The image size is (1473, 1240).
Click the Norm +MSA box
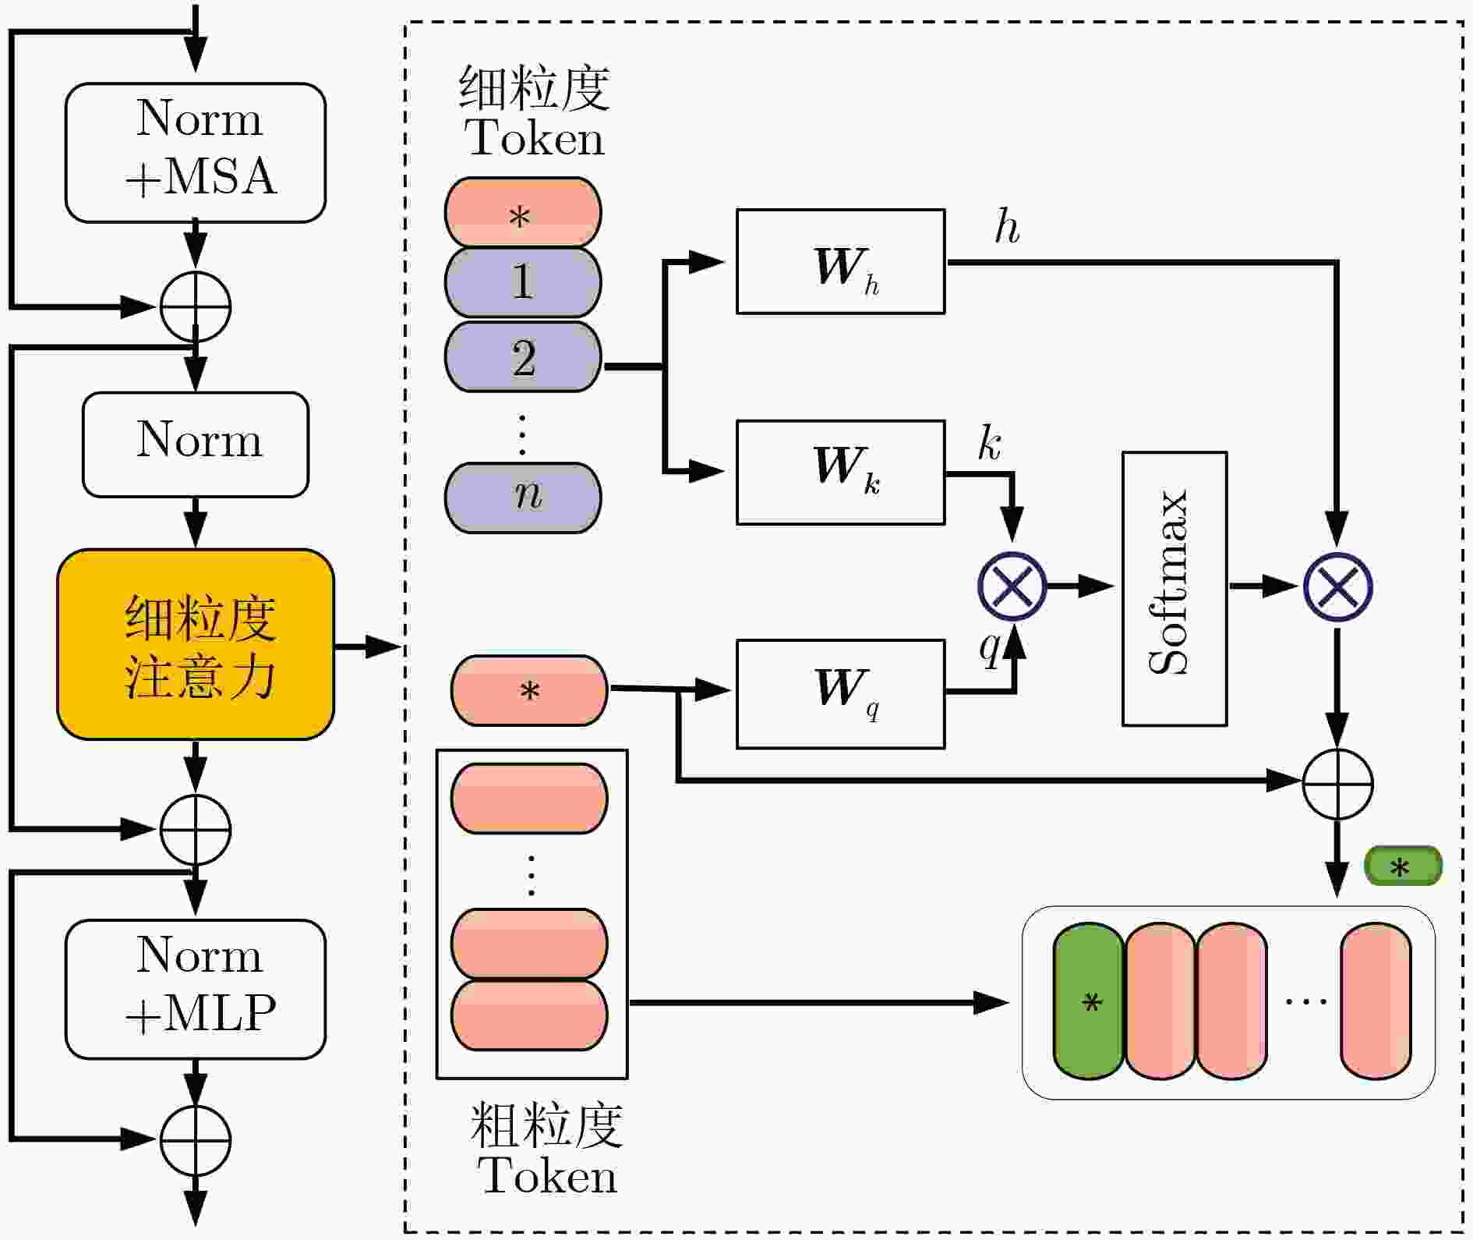coord(196,153)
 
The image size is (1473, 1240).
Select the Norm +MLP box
coord(196,989)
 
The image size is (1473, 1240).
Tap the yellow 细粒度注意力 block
coord(196,645)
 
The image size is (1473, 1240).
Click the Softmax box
coord(1175,589)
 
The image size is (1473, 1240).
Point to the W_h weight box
coord(841,261)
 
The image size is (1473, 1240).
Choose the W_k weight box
coord(841,472)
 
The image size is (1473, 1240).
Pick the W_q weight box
coord(841,694)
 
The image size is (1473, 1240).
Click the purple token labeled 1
coord(523,282)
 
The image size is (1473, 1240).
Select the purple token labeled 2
coord(523,356)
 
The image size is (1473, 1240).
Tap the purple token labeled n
coord(523,498)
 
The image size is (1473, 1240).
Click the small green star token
coord(1403,866)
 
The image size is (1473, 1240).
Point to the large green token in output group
coord(1089,1001)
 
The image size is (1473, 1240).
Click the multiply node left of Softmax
coord(1012,586)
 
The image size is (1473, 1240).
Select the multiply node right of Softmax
coord(1338,586)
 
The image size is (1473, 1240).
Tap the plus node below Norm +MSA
coord(196,306)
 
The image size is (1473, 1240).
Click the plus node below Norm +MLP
coord(196,1139)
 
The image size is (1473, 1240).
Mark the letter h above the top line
coord(1007,227)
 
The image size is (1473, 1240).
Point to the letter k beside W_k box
coord(990,444)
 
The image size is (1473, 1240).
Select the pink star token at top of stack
coord(523,212)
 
